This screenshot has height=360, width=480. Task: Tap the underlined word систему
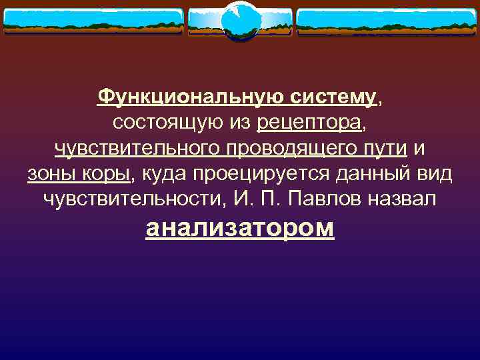[x=333, y=98]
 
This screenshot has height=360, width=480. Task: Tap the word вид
[x=435, y=174]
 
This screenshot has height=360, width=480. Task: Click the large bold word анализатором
[x=240, y=228]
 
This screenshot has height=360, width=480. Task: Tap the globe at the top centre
[x=239, y=21]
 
